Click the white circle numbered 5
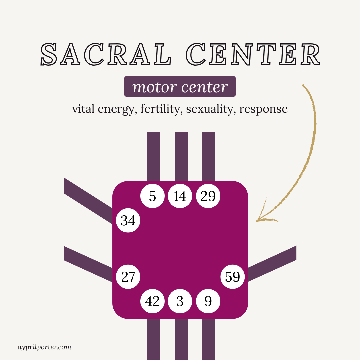click(152, 196)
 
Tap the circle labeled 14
click(180, 196)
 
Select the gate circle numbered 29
click(208, 196)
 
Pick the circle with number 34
click(128, 220)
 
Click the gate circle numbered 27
click(128, 277)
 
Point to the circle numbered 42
click(152, 301)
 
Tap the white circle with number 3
click(180, 301)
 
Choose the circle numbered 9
click(208, 301)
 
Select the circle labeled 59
click(233, 277)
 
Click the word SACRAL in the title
click(106, 54)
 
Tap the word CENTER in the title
click(254, 54)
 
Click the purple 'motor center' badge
click(180, 87)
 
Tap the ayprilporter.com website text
click(44, 347)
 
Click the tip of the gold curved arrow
click(257, 220)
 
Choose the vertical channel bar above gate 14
click(181, 157)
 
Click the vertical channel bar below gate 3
click(181, 338)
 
